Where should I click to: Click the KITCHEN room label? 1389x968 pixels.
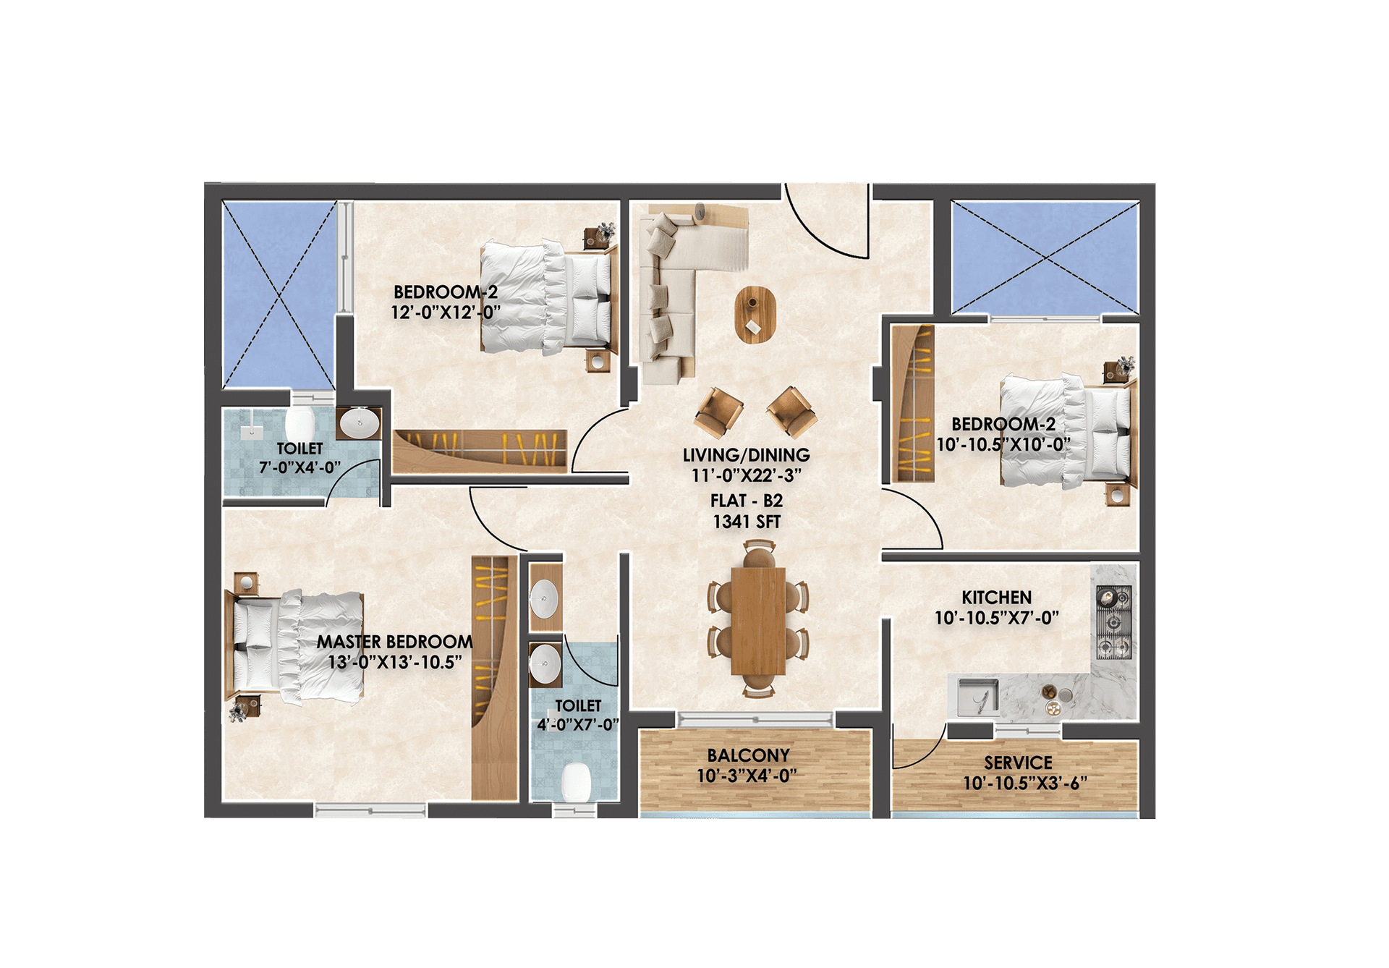[x=996, y=598]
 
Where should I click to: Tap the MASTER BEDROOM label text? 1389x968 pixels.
[x=395, y=642]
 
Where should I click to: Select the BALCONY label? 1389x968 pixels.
[x=748, y=755]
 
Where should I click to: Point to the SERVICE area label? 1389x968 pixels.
[x=1018, y=763]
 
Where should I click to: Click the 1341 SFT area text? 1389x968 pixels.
[x=747, y=522]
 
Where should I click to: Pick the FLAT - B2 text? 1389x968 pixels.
[x=747, y=501]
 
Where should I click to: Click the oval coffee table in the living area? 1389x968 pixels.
[x=755, y=315]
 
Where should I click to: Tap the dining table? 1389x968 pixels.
[x=758, y=621]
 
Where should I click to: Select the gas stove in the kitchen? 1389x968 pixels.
[x=1113, y=623]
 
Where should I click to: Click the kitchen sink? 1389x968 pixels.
[x=978, y=697]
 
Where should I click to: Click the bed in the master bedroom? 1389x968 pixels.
[x=296, y=647]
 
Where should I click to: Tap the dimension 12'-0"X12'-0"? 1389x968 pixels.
[x=446, y=313]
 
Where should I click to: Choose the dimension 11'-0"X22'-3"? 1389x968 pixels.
[x=747, y=475]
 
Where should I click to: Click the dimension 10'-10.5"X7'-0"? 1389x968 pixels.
[x=996, y=618]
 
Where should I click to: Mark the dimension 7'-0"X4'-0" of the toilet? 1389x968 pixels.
[x=300, y=467]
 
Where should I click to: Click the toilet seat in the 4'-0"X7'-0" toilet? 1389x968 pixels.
[x=577, y=781]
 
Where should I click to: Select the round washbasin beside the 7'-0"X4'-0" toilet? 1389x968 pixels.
[x=360, y=423]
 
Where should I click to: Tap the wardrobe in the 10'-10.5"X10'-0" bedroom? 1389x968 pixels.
[x=913, y=404]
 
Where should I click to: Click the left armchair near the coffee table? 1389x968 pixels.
[x=718, y=412]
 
